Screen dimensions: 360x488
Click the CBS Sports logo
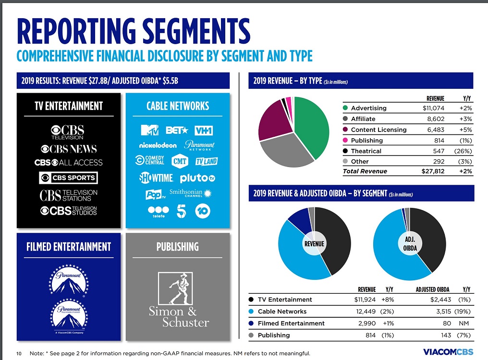[x=68, y=178]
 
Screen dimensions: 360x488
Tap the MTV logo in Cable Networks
[x=149, y=130]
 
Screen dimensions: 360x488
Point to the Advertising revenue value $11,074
[x=430, y=108]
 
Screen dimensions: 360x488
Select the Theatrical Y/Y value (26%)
[x=464, y=151]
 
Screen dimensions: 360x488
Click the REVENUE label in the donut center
[x=315, y=244]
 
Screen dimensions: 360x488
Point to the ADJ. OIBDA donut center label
[x=410, y=244]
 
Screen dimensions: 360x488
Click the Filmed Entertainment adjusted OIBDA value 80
[x=445, y=323]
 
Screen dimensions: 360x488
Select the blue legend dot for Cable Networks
[x=251, y=312]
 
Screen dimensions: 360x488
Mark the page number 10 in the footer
[x=19, y=353]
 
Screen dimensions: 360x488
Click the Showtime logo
[x=156, y=178]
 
